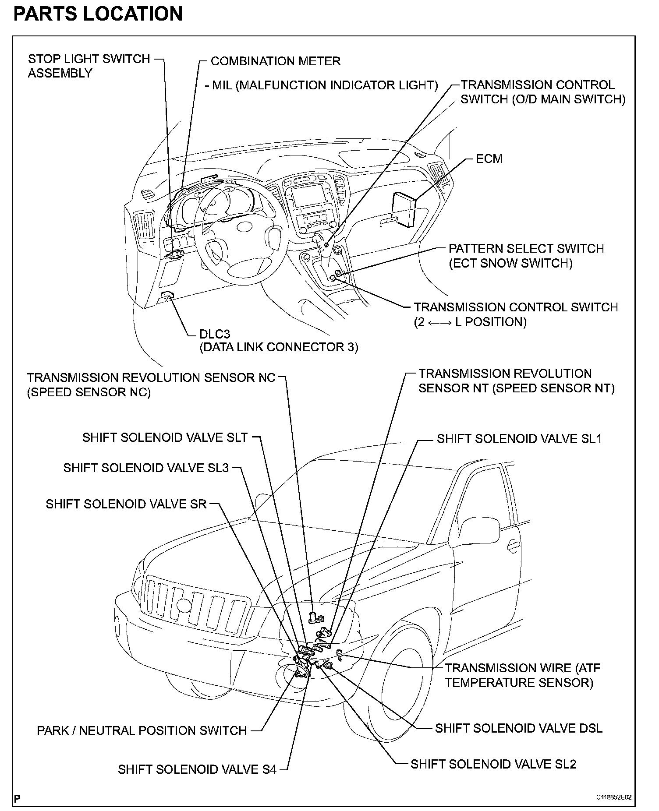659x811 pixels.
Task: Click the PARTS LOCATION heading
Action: click(98, 14)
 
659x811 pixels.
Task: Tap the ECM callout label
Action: click(489, 159)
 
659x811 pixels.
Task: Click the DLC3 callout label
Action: click(215, 334)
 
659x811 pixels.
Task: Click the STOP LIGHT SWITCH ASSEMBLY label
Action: click(89, 66)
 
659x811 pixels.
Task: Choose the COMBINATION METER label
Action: click(275, 61)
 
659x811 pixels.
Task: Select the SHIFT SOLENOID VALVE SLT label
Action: click(165, 437)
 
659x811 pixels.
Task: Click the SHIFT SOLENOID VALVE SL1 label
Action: click(519, 439)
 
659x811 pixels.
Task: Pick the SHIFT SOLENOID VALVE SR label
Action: click(126, 504)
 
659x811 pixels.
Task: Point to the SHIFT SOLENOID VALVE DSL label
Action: click(518, 728)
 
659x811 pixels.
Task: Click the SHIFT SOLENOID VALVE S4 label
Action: click(197, 769)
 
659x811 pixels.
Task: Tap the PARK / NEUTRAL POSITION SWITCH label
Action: click(142, 730)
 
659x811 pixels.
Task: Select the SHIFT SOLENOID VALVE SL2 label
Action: click(493, 764)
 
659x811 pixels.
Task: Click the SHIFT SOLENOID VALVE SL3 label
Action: click(146, 468)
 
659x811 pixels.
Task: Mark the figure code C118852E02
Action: click(616, 797)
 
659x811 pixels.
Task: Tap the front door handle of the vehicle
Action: click(511, 545)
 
